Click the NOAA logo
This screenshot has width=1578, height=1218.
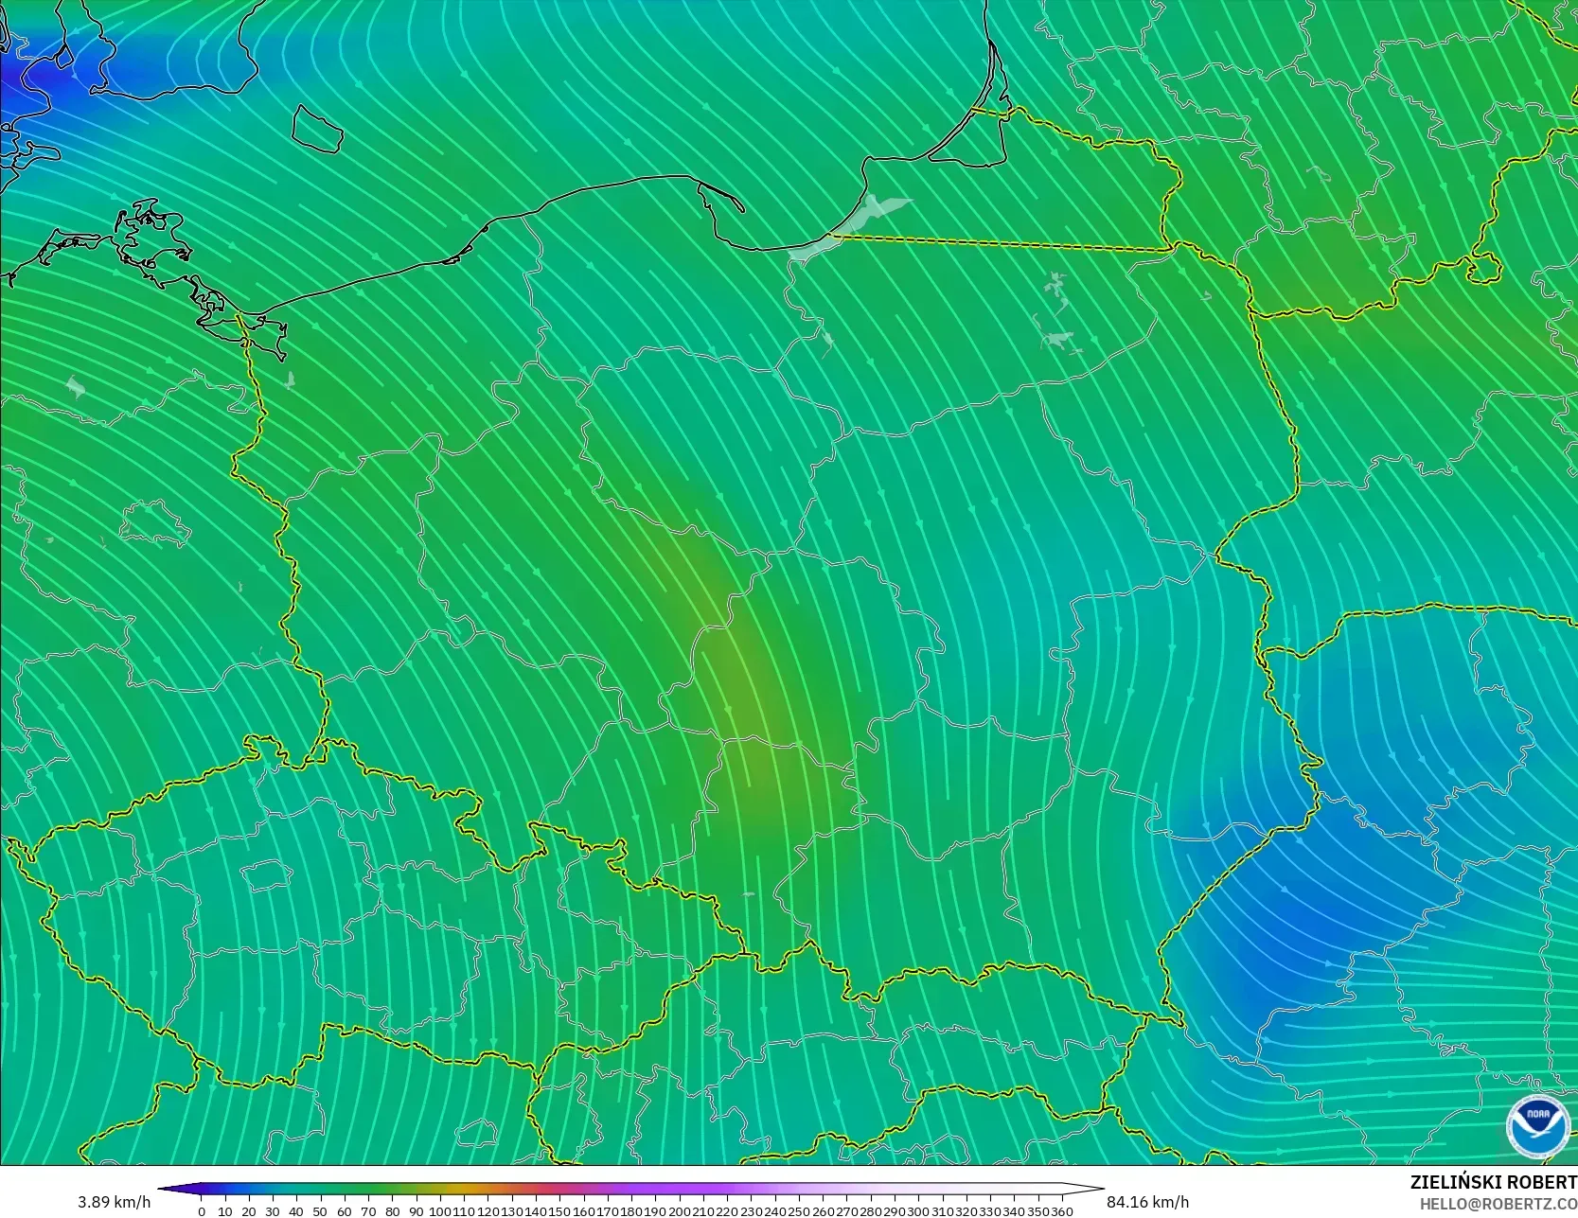(x=1532, y=1125)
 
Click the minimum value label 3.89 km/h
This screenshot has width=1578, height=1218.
(x=114, y=1202)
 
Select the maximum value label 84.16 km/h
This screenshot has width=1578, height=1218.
(x=1147, y=1202)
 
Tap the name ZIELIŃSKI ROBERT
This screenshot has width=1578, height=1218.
(x=1493, y=1182)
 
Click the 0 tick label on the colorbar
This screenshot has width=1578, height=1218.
(x=201, y=1211)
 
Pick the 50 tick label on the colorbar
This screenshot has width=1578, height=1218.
(x=320, y=1211)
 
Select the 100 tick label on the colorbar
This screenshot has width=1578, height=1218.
(x=440, y=1211)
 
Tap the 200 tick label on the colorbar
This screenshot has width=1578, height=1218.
(x=680, y=1211)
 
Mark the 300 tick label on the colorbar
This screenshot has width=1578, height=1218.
(x=918, y=1211)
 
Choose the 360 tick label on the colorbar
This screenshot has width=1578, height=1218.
(x=1061, y=1211)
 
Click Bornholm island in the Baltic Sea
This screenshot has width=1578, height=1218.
(x=316, y=128)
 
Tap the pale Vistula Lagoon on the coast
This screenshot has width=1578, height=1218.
(x=852, y=227)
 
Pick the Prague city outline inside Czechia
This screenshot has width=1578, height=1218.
(x=264, y=874)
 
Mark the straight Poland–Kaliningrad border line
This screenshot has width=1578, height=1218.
(x=1003, y=243)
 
